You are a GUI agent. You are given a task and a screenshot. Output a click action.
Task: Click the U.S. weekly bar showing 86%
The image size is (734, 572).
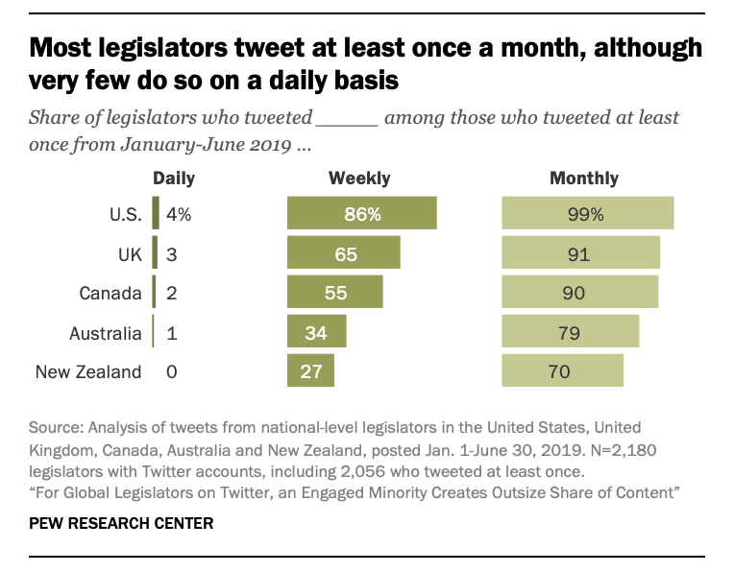click(362, 214)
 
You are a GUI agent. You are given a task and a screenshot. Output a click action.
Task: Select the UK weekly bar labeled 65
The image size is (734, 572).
click(344, 253)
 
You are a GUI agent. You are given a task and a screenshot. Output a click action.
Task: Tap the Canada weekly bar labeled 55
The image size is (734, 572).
click(335, 293)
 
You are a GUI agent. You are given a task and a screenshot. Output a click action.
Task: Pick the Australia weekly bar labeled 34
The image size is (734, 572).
click(317, 332)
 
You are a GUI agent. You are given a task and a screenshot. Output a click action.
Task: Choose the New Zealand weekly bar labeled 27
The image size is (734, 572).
click(311, 371)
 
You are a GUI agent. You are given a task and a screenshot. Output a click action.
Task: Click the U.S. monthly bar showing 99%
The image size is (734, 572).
click(588, 214)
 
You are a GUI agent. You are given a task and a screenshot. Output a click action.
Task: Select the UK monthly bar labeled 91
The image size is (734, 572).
click(581, 253)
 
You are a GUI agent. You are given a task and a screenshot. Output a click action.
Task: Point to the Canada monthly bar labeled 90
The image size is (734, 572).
click(580, 293)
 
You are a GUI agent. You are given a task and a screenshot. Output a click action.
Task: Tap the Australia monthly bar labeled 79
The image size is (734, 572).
click(571, 332)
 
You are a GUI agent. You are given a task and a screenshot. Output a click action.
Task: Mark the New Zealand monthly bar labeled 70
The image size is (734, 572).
click(563, 371)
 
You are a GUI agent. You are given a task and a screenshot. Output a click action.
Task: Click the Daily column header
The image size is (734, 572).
click(174, 179)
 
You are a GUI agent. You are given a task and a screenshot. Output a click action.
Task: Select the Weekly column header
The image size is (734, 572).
click(359, 179)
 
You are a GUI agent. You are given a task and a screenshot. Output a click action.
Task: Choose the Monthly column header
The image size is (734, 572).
click(584, 179)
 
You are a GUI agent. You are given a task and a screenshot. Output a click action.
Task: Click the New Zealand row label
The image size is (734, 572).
click(88, 371)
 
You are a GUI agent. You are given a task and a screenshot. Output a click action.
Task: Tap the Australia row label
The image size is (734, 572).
click(106, 333)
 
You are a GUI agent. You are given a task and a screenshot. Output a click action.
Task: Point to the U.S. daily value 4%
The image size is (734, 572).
click(179, 215)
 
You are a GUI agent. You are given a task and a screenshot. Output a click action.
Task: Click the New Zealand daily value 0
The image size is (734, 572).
click(172, 371)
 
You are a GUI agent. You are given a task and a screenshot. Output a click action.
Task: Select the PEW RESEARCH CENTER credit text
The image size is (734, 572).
click(121, 524)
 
